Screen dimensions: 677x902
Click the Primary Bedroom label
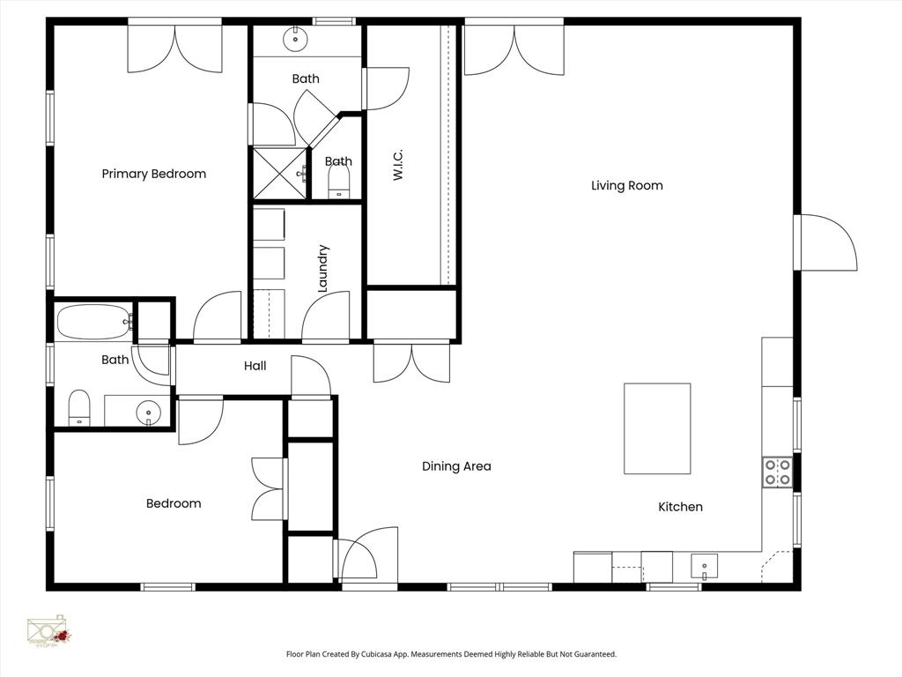click(153, 174)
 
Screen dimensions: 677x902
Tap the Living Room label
click(626, 185)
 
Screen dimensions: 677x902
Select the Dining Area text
click(455, 466)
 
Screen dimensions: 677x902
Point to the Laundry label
click(322, 268)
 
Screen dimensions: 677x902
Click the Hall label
click(255, 366)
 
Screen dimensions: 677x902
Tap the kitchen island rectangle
click(657, 428)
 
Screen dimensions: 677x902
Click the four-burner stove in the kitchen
click(777, 472)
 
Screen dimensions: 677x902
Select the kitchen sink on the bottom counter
click(704, 566)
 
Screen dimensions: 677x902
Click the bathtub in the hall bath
click(93, 322)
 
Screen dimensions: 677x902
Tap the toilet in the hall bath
click(79, 408)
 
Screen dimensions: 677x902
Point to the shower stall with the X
click(278, 174)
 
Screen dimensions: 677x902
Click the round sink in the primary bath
click(293, 39)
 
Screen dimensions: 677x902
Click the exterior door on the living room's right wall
click(826, 242)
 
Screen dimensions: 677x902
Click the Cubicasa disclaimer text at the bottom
click(451, 654)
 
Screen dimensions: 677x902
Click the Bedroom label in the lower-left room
click(174, 503)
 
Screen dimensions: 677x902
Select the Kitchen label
click(680, 507)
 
